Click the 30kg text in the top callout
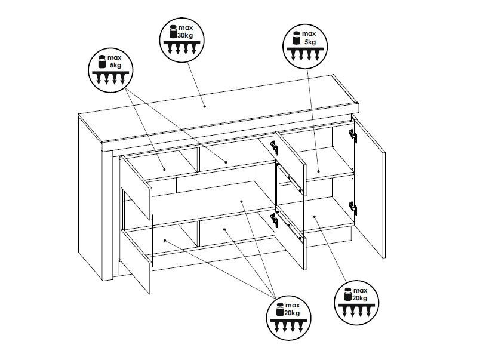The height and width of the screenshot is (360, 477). tap(185, 35)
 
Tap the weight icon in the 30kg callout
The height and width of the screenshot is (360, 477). tap(173, 32)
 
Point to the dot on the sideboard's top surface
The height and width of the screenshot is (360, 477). tap(204, 106)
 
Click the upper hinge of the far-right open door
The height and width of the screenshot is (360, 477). tap(353, 136)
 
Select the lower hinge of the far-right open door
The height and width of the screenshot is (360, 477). tap(353, 208)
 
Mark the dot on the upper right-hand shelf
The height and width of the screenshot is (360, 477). tap(319, 171)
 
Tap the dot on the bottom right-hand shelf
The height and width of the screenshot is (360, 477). tap(315, 217)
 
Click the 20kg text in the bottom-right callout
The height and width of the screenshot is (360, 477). tap(359, 298)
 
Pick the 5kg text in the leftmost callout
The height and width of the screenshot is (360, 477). tap(116, 65)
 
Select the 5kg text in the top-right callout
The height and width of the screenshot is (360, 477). tap(310, 42)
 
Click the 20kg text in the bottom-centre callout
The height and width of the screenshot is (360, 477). tap(292, 313)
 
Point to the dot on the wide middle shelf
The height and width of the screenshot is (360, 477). tap(241, 201)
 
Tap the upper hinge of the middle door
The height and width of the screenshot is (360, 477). tap(274, 148)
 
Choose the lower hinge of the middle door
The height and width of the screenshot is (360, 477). tap(274, 220)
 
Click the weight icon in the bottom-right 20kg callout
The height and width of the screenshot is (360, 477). tap(347, 294)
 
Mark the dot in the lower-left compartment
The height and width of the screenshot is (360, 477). tap(165, 241)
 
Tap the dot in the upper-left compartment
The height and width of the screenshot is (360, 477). tap(164, 170)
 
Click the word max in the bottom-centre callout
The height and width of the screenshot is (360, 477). tap(293, 305)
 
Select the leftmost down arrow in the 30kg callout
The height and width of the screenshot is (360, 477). tap(170, 49)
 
